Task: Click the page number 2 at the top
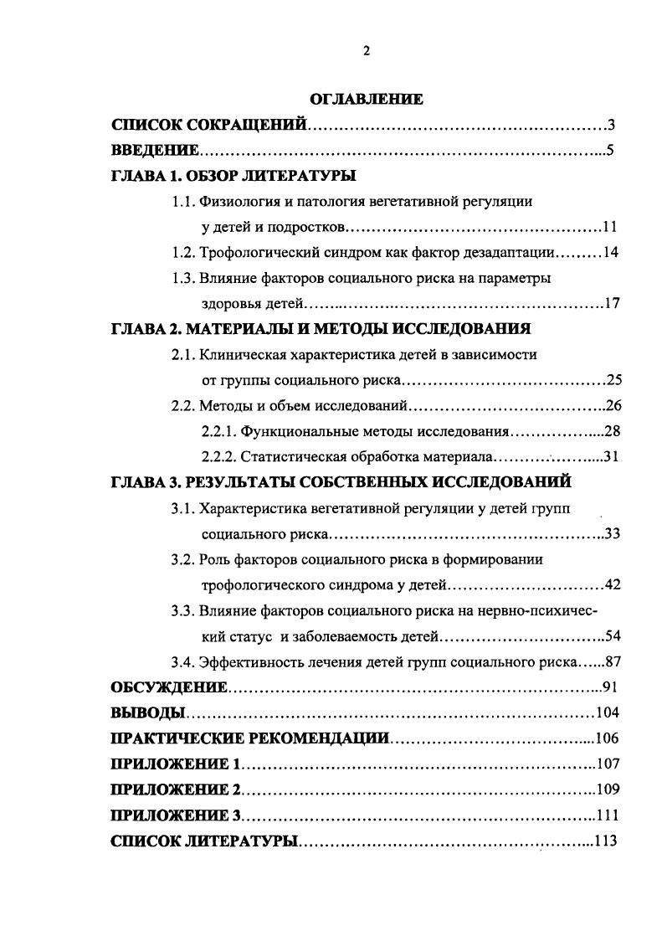pyautogui.click(x=367, y=51)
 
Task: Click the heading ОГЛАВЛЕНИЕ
pyautogui.click(x=367, y=100)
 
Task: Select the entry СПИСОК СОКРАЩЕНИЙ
pyautogui.click(x=209, y=126)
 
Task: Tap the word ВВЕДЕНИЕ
pyautogui.click(x=155, y=151)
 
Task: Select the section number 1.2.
pyautogui.click(x=182, y=252)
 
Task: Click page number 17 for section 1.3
pyautogui.click(x=611, y=303)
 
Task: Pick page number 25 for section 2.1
pyautogui.click(x=614, y=381)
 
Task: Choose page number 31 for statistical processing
pyautogui.click(x=609, y=457)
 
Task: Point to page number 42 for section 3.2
pyautogui.click(x=612, y=585)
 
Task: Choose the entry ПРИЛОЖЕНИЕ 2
pyautogui.click(x=176, y=789)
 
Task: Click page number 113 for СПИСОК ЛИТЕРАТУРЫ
pyautogui.click(x=606, y=841)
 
